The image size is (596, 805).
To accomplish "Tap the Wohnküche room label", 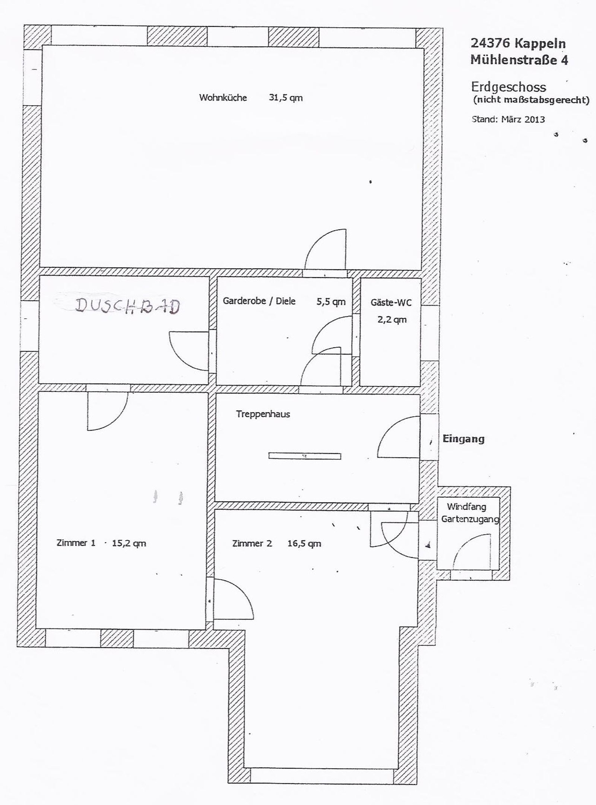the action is point(223,97).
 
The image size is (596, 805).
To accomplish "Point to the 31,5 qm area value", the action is point(286,98).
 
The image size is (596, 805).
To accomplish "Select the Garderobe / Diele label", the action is point(259,301).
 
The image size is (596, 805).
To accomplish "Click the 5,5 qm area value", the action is point(331,302).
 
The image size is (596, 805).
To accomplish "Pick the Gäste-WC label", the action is point(391,302).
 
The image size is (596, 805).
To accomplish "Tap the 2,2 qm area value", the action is point(392,320).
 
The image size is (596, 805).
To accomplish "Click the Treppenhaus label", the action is point(263,414).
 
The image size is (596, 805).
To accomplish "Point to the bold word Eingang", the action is point(463,439).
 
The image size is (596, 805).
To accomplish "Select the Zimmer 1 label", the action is point(76,543).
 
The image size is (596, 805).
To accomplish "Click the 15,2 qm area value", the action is point(129,543).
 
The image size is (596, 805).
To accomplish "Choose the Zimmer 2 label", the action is point(252,543).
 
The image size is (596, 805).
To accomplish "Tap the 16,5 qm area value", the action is point(304,543).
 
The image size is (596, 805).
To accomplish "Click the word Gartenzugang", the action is point(470,519).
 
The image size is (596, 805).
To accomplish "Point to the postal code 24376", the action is point(490,43).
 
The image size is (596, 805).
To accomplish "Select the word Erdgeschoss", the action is point(509,87).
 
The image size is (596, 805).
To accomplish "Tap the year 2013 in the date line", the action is point(535,119).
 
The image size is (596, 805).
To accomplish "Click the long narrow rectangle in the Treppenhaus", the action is point(305,455).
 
